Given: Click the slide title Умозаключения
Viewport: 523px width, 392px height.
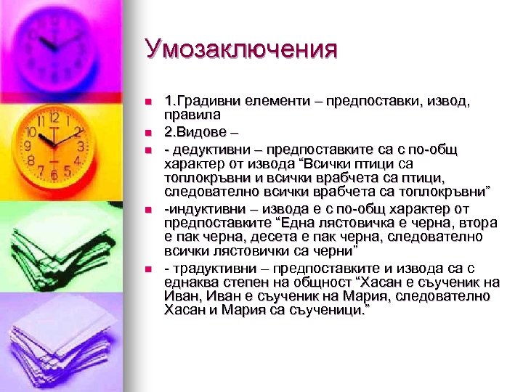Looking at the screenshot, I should point(241,50).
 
